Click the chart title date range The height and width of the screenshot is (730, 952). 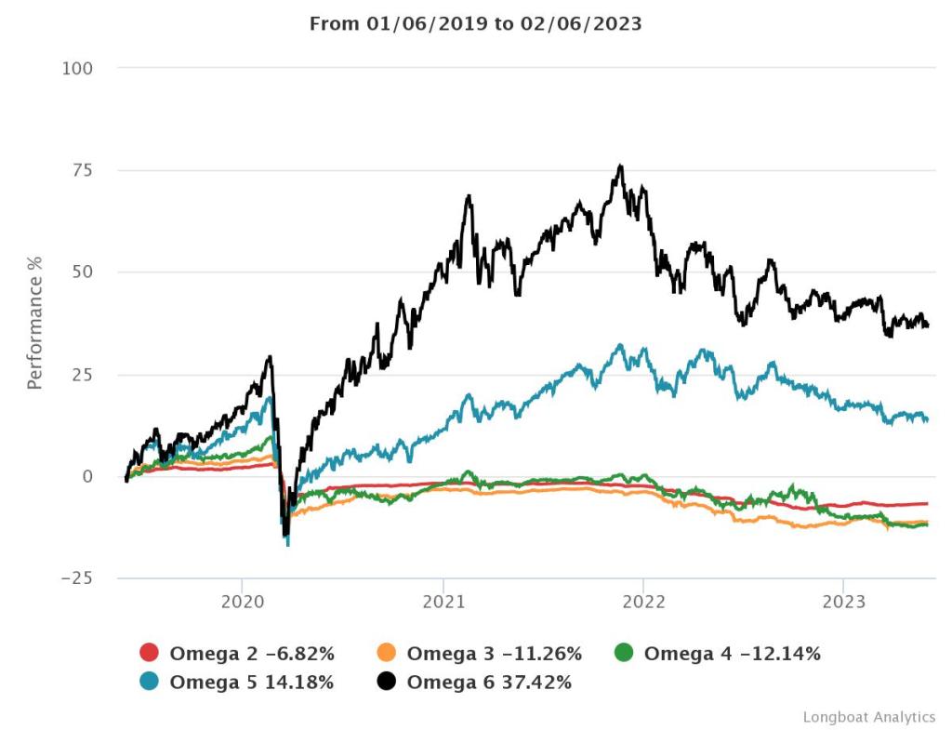(x=475, y=23)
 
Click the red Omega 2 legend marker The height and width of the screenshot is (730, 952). (x=149, y=654)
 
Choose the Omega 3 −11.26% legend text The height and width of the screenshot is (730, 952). (x=494, y=654)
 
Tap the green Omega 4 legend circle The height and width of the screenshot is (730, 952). (x=624, y=654)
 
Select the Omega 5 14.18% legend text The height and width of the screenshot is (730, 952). (x=251, y=683)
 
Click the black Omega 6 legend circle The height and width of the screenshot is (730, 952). (x=387, y=683)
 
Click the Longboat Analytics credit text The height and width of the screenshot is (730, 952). (x=868, y=717)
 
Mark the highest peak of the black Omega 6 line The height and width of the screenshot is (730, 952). (x=620, y=166)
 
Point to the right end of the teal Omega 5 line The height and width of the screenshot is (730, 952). (x=927, y=419)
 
